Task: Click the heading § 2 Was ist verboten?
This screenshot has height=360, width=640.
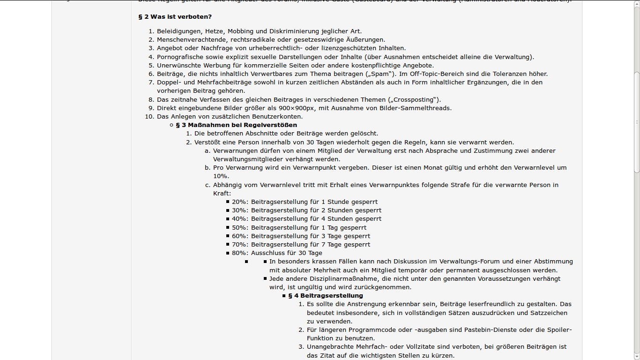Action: [x=175, y=17]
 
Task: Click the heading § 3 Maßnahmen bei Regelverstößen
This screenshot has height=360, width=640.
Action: [x=236, y=125]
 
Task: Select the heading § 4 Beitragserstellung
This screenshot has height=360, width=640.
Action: [x=325, y=296]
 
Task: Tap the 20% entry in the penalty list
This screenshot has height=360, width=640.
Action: [x=239, y=202]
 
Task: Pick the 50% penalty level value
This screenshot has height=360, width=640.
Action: [x=239, y=228]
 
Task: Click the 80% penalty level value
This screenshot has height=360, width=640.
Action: [x=239, y=253]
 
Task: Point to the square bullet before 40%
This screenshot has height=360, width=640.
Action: [x=228, y=219]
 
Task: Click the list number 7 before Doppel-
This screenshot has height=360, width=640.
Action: [x=151, y=82]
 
